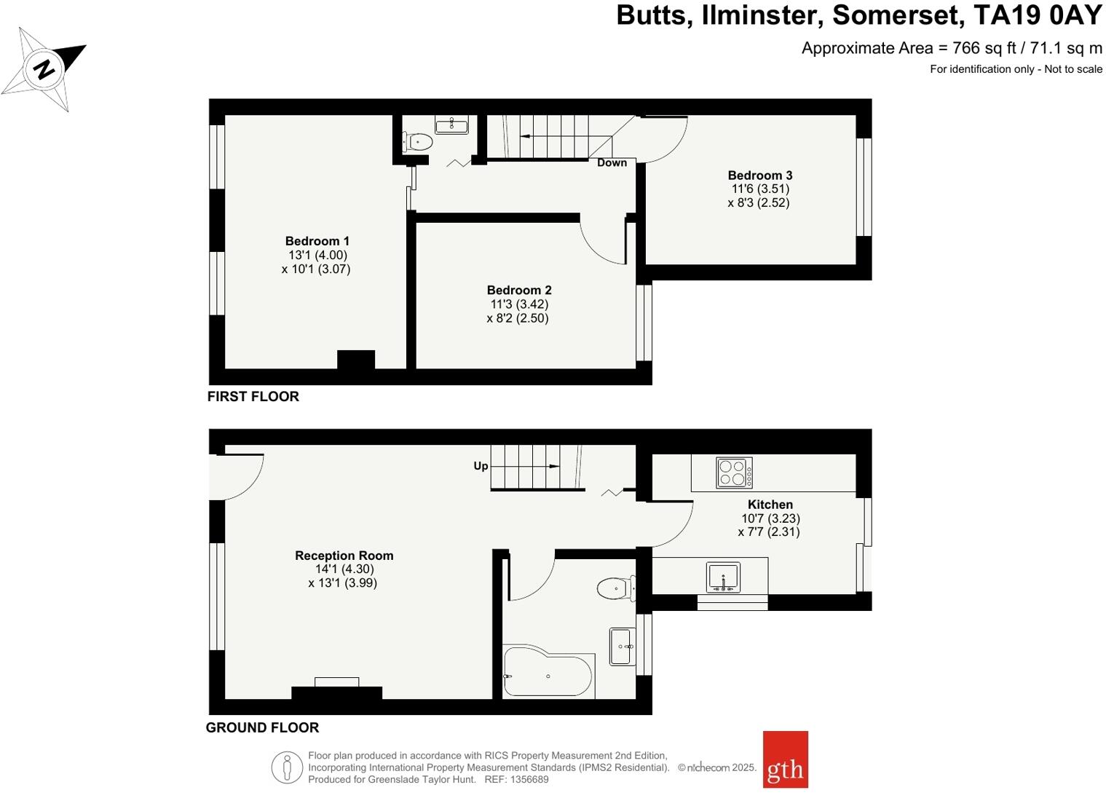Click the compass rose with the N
click(44, 70)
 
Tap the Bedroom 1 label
click(317, 241)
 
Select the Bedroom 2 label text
click(518, 291)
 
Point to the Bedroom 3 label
click(759, 175)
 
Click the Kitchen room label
click(770, 505)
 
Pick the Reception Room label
click(344, 556)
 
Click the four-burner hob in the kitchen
click(734, 473)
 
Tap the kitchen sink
click(722, 577)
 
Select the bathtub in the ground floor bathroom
click(548, 673)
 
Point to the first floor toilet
click(416, 141)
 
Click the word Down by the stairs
click(612, 163)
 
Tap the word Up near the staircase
click(481, 466)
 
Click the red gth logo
click(785, 759)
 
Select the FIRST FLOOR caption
click(253, 397)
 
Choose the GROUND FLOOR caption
click(262, 727)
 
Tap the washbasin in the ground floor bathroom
click(620, 646)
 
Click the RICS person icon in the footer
click(287, 767)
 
